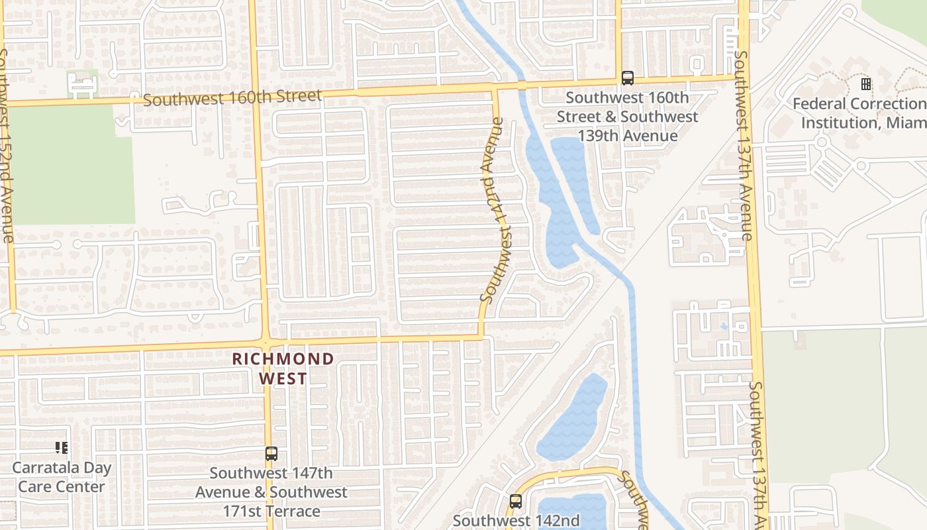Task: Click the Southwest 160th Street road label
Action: click(232, 98)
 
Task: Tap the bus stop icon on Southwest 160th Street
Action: click(627, 78)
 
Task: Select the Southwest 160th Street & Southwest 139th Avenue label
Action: click(627, 117)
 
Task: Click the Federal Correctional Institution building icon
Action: click(865, 84)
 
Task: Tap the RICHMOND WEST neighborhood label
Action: click(283, 369)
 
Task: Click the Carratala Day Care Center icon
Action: click(62, 448)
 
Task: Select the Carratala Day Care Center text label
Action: click(62, 477)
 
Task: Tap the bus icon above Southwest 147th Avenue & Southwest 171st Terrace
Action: click(271, 454)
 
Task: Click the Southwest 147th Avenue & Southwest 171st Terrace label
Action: click(271, 492)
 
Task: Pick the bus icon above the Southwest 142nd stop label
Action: click(516, 502)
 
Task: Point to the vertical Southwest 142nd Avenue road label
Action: click(495, 211)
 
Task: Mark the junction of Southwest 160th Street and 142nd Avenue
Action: click(495, 88)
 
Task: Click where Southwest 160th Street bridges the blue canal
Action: click(522, 85)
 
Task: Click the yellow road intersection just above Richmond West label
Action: click(265, 343)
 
